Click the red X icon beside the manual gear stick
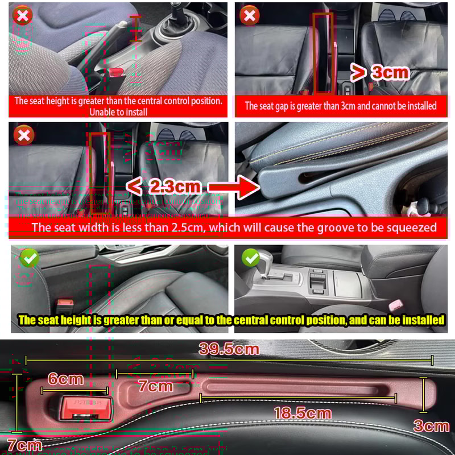[23, 15]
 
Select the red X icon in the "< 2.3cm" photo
[23, 135]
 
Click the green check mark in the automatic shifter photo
[251, 258]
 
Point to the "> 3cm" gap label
[379, 72]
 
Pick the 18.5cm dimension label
[303, 413]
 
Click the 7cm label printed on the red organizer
[156, 386]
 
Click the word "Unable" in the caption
[103, 112]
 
